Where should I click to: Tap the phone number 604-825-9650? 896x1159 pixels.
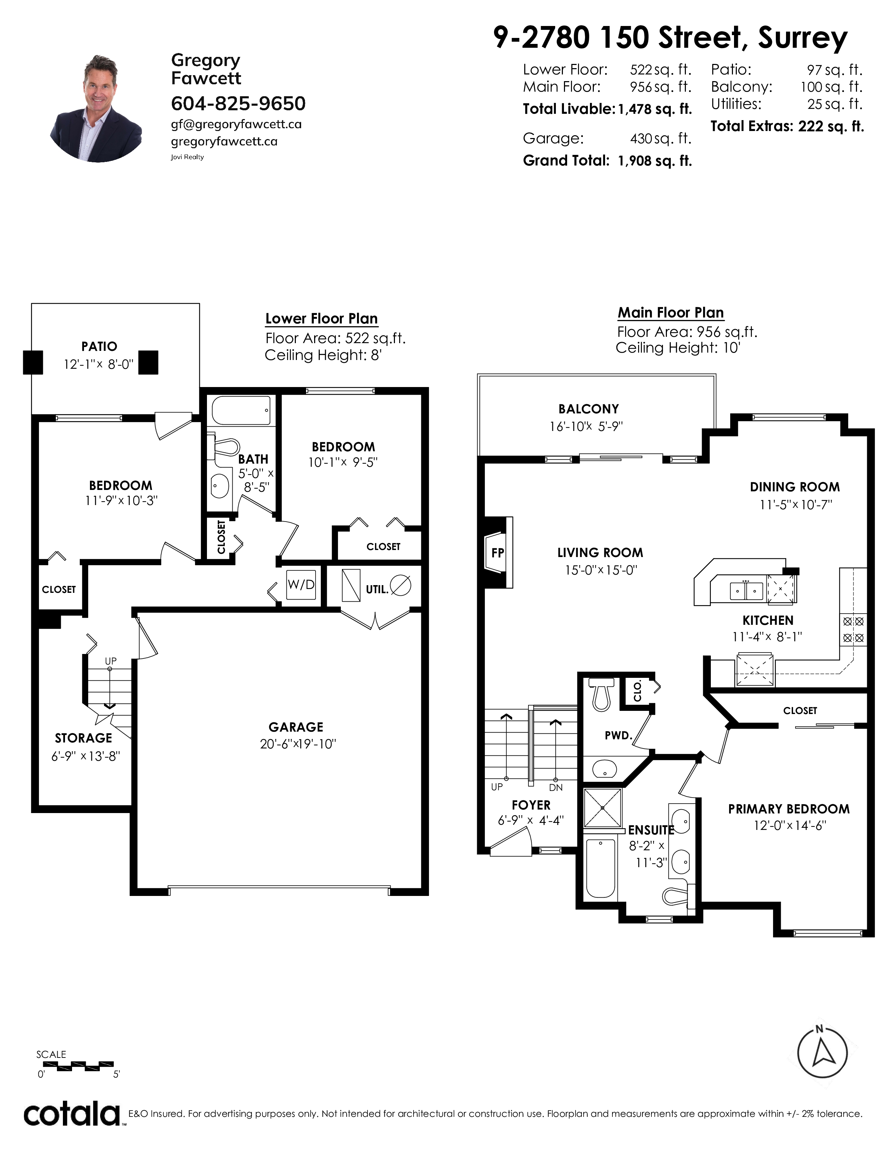pos(238,104)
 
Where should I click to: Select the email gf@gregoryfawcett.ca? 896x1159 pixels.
pos(236,124)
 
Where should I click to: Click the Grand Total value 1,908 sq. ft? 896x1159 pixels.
pos(655,161)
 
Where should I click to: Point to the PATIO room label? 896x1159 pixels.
pos(99,347)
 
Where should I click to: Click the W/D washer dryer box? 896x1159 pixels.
pos(301,584)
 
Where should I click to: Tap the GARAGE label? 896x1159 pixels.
pos(296,727)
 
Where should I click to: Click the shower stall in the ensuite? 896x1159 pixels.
pos(603,807)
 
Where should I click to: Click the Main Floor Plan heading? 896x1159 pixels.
pos(671,313)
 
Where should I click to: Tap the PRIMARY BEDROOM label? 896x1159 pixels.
pos(789,809)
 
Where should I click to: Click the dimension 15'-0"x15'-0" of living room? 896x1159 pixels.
pos(600,570)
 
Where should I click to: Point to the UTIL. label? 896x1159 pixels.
pos(377,589)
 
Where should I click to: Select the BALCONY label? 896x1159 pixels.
pos(589,408)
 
